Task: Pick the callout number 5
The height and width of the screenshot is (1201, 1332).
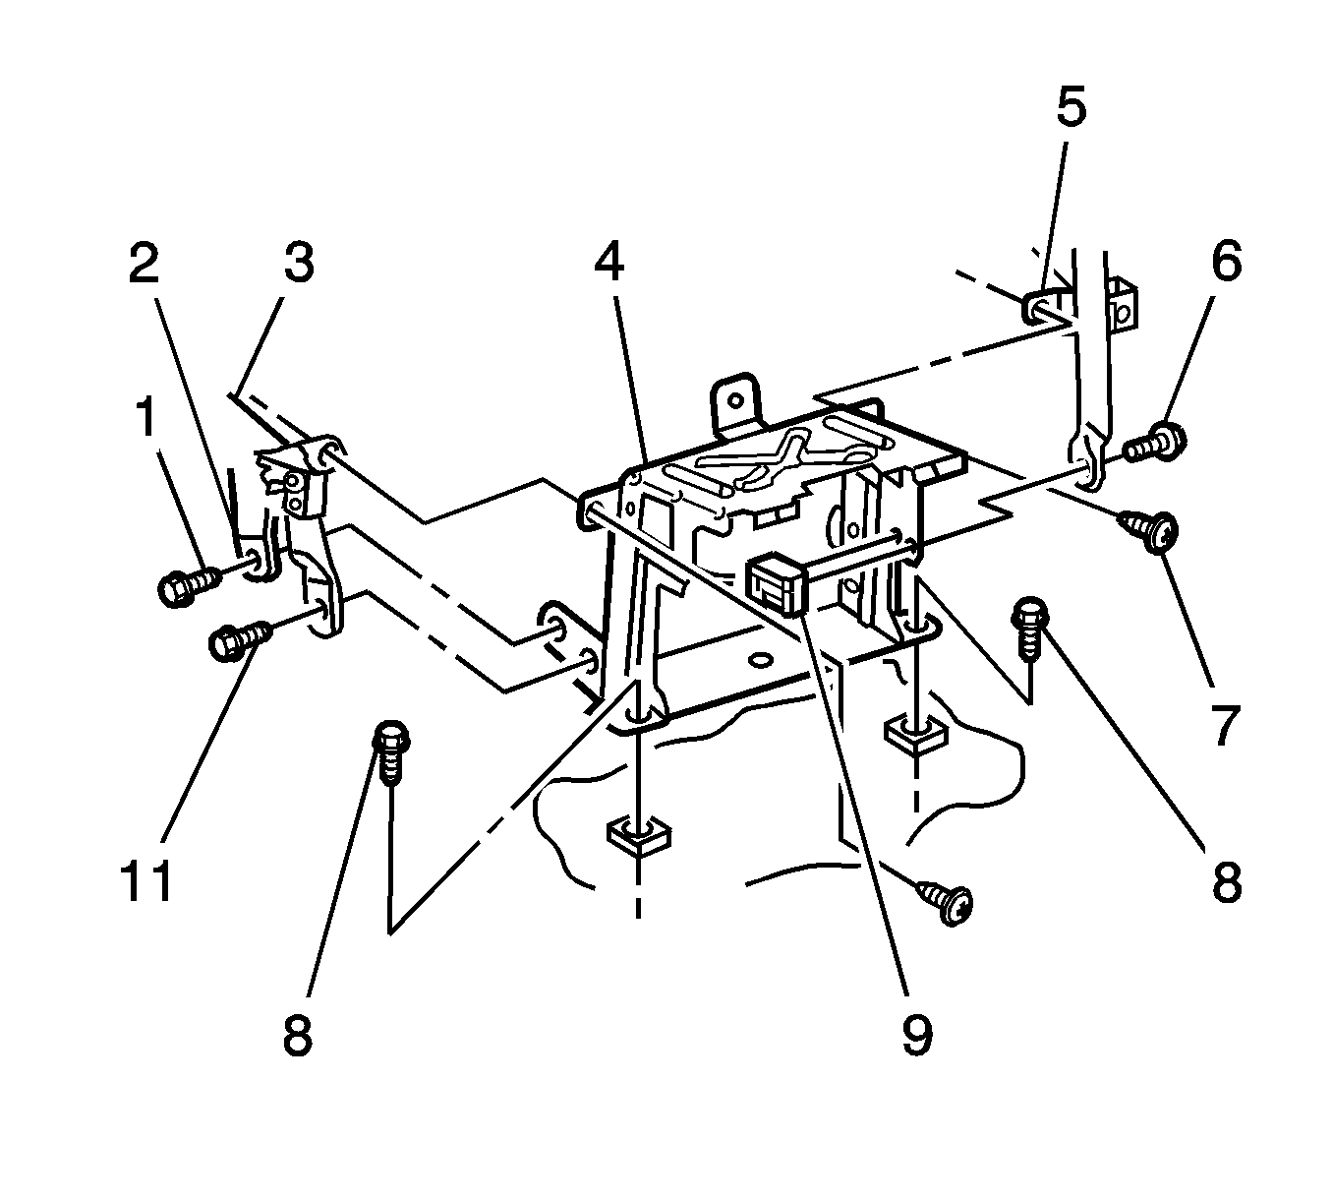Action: pos(1071,108)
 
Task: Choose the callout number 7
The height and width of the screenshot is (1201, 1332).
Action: pos(1223,725)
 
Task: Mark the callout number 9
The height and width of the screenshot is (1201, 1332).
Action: pos(916,1036)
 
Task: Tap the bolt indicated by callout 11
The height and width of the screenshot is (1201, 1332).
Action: pos(237,640)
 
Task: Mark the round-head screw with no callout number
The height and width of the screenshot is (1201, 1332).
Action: pos(947,900)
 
